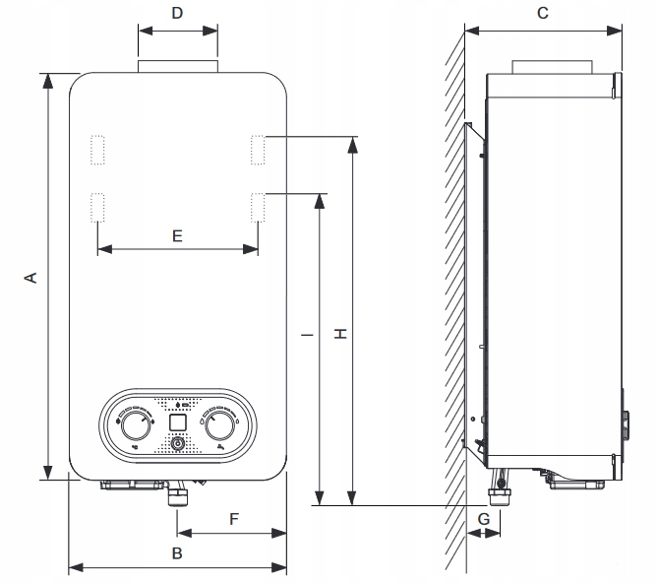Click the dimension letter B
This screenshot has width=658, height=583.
click(x=177, y=553)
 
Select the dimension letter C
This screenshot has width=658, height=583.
click(x=542, y=13)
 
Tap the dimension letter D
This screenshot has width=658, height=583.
click(x=177, y=13)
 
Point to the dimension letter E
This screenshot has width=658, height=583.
click(x=177, y=236)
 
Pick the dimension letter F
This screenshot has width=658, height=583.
click(x=233, y=518)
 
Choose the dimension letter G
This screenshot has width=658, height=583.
click(x=483, y=518)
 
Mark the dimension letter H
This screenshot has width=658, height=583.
click(x=340, y=335)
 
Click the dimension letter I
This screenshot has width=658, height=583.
click(x=308, y=335)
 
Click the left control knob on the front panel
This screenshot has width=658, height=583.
click(x=131, y=425)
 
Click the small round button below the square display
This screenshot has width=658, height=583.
click(x=177, y=444)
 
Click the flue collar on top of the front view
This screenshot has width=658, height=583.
click(x=177, y=66)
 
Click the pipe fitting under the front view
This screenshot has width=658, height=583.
click(x=178, y=492)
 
